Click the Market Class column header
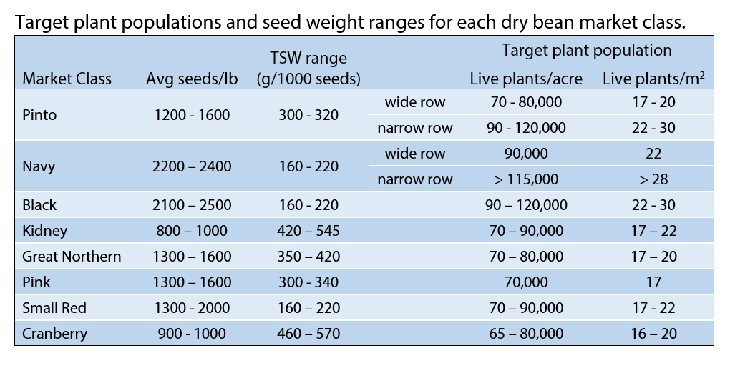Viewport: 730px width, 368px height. (67, 79)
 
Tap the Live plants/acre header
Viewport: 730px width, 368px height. (526, 79)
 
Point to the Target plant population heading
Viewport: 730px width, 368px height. (586, 51)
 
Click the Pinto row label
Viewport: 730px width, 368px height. (39, 115)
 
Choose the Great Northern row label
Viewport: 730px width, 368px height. (72, 256)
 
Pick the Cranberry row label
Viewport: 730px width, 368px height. (54, 333)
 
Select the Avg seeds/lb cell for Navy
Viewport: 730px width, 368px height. (192, 166)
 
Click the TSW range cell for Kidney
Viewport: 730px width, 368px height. (308, 230)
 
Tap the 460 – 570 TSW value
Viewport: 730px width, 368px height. (308, 333)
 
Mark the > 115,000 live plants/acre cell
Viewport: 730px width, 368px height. (526, 179)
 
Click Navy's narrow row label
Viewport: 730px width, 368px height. (415, 179)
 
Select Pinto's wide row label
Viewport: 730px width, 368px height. (415, 102)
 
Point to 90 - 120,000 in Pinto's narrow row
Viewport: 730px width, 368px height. (526, 128)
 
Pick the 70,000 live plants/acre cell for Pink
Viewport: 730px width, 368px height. (526, 282)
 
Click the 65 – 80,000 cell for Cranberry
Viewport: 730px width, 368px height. (526, 333)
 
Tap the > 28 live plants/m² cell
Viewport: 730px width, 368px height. (653, 179)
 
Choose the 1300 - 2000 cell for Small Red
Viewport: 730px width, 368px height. (192, 307)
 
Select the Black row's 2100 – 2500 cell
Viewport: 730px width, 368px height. (192, 205)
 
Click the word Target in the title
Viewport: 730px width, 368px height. (40, 21)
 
